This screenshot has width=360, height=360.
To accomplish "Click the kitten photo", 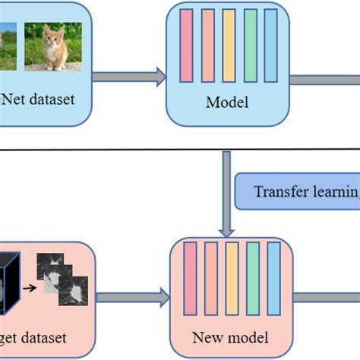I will click(52, 46).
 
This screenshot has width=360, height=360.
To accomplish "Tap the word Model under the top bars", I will click(226, 101).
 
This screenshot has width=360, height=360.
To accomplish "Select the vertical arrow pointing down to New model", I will click(226, 190).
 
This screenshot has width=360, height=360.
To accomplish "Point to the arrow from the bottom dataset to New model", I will click(134, 296).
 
